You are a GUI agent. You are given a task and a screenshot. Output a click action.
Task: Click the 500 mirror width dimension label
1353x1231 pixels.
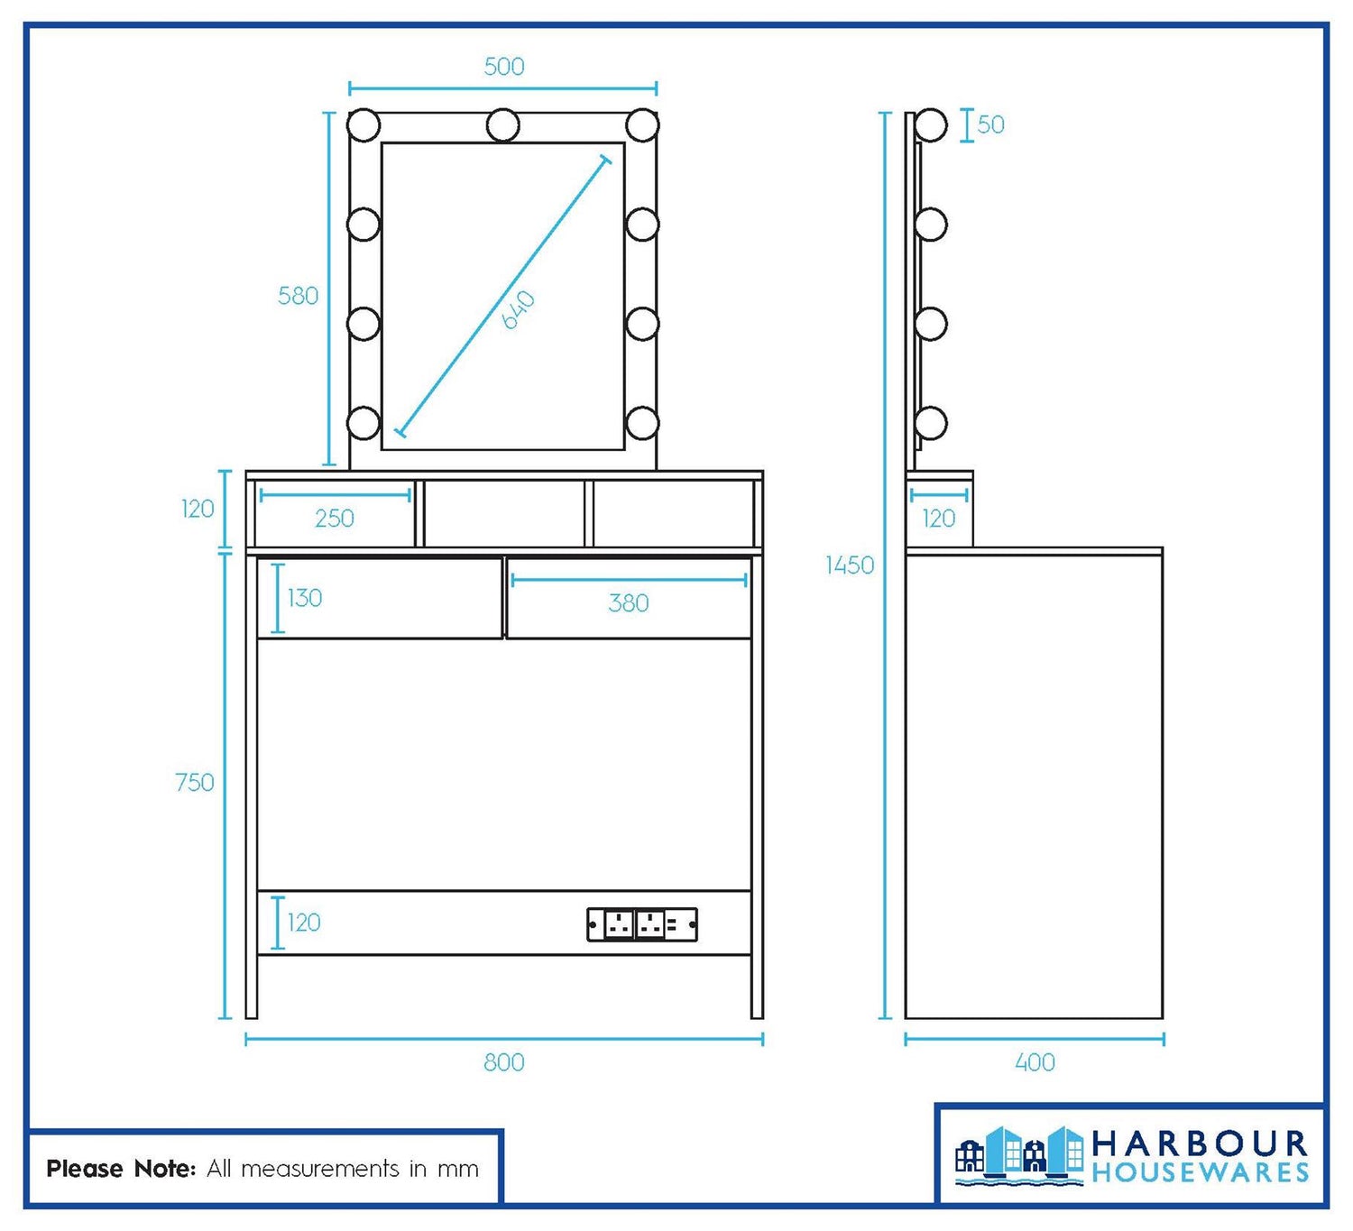pyautogui.click(x=504, y=66)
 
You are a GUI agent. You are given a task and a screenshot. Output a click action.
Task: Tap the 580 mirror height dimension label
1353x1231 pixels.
pyautogui.click(x=299, y=296)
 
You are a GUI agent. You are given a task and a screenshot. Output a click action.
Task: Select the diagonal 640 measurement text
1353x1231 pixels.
pyautogui.click(x=519, y=309)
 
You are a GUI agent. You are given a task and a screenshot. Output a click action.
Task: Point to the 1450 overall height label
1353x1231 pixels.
pyautogui.click(x=849, y=565)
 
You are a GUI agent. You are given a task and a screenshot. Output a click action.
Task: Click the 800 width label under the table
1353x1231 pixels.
pyautogui.click(x=504, y=1062)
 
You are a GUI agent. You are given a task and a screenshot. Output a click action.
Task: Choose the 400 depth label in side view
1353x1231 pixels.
pyautogui.click(x=1035, y=1062)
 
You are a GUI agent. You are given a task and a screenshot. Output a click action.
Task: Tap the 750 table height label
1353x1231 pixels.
pyautogui.click(x=194, y=783)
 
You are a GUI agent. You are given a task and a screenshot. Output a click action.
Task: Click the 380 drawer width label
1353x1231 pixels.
pyautogui.click(x=628, y=602)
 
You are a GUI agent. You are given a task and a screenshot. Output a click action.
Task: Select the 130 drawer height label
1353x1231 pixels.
pyautogui.click(x=305, y=598)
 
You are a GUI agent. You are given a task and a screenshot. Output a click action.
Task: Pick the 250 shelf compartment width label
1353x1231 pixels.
pyautogui.click(x=335, y=518)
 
